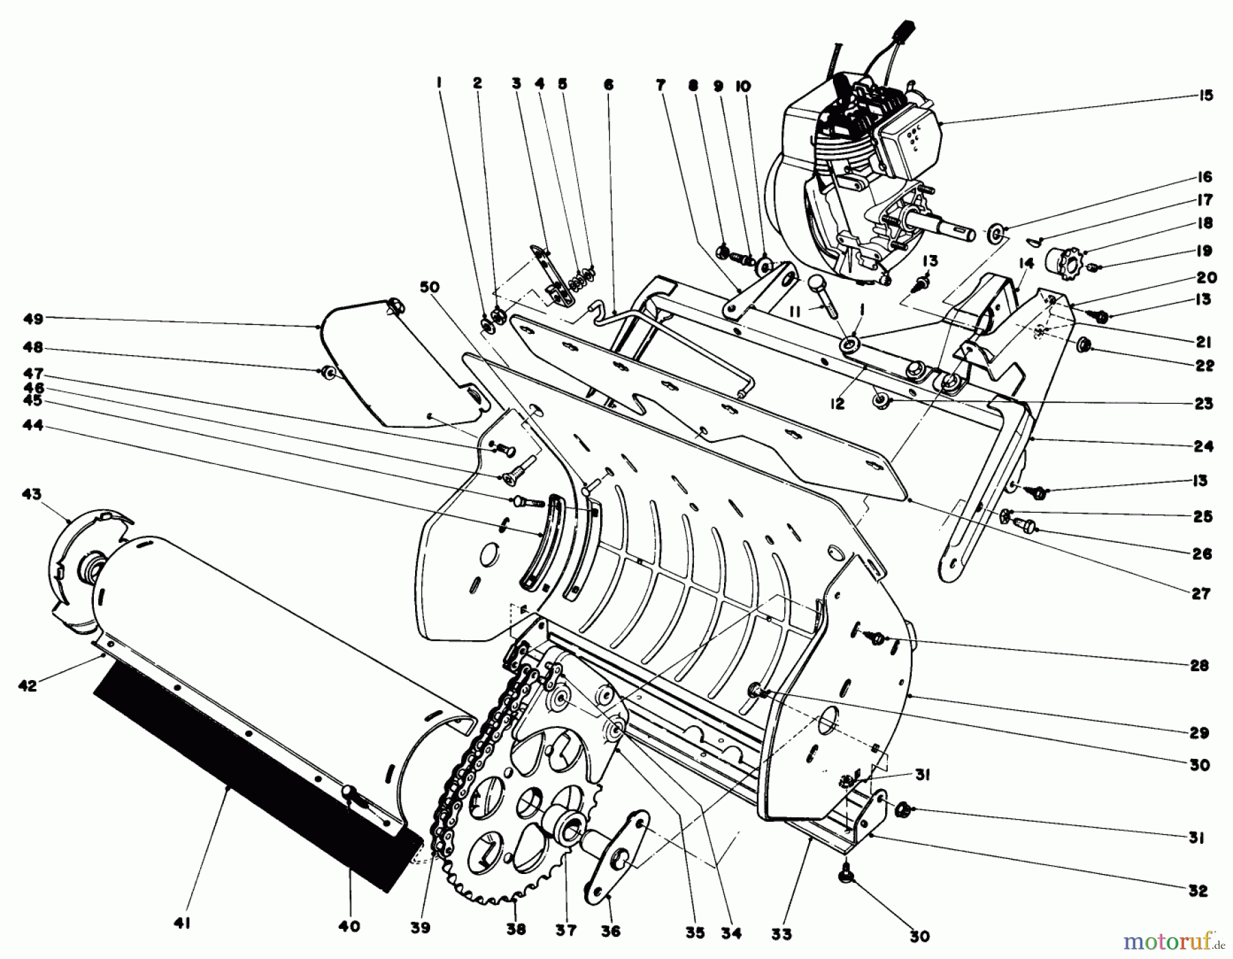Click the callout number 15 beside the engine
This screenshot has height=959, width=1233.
coord(1206,95)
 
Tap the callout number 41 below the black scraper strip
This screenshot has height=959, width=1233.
coord(181,924)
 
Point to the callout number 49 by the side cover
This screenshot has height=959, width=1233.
coord(33,319)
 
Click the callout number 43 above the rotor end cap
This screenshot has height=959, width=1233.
coord(32,494)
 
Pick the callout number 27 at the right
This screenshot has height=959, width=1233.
coord(1201,594)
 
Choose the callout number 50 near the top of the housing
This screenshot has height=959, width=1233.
coord(429,287)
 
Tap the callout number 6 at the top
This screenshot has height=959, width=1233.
coord(608,84)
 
